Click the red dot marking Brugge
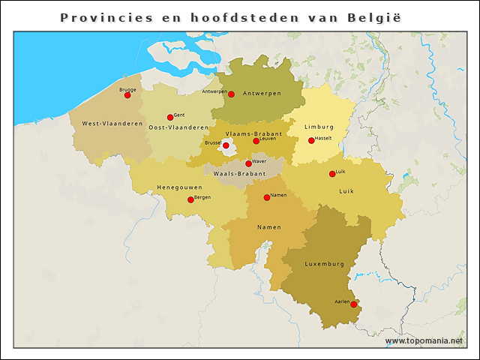point(127,95)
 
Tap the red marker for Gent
point(170,117)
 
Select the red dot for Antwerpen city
point(232,94)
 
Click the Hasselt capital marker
point(311,140)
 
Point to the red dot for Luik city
point(332,174)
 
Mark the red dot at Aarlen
point(354,304)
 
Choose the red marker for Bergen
point(190,199)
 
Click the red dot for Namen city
point(267,197)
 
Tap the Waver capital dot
point(248,163)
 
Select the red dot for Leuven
point(256,141)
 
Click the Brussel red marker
point(226,145)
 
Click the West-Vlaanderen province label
point(112,124)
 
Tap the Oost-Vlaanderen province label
point(178,128)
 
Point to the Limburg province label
point(319,127)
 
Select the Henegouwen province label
point(179,187)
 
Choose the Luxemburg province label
point(324,264)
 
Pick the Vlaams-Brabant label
point(253,133)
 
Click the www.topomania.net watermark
point(424,341)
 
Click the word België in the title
point(373,16)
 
